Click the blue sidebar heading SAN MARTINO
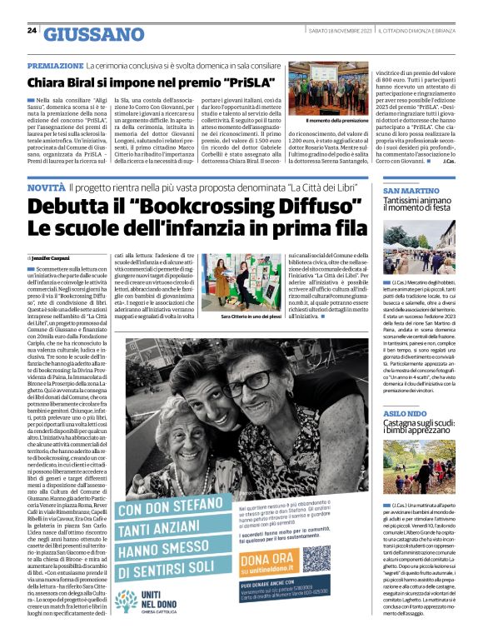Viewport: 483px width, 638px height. [x=411, y=192]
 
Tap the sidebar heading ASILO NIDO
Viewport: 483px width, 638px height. [x=406, y=414]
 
